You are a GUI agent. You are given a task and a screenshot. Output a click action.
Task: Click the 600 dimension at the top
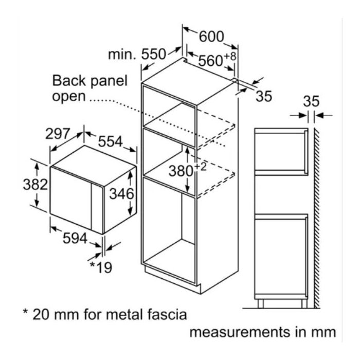pyautogui.click(x=211, y=37)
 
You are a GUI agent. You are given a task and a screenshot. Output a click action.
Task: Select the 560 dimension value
pyautogui.click(x=210, y=61)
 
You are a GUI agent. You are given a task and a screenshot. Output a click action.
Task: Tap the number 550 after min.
pyautogui.click(x=153, y=54)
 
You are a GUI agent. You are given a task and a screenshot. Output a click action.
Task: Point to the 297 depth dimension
pyautogui.click(x=57, y=134)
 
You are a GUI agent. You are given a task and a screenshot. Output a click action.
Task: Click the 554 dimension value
pyautogui.click(x=111, y=141)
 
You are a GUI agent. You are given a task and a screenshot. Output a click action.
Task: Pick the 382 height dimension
pyautogui.click(x=35, y=184)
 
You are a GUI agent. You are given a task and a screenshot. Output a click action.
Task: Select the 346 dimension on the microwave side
pyautogui.click(x=121, y=193)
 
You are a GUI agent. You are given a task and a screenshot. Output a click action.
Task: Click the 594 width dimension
pyautogui.click(x=75, y=238)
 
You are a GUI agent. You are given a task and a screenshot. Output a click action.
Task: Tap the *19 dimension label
pyautogui.click(x=101, y=267)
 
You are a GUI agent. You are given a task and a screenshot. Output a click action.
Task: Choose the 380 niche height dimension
pyautogui.click(x=181, y=171)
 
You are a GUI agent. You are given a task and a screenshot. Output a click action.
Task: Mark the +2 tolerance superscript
pyautogui.click(x=201, y=167)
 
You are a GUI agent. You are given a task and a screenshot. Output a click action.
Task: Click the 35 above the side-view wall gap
pyautogui.click(x=311, y=101)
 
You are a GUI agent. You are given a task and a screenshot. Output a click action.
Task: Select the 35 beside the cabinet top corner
pyautogui.click(x=264, y=96)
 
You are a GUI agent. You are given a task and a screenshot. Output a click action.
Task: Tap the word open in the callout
pyautogui.click(x=69, y=97)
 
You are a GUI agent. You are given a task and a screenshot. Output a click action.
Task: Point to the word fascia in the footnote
pyautogui.click(x=167, y=314)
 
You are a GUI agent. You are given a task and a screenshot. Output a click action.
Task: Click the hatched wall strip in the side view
pyautogui.click(x=317, y=218)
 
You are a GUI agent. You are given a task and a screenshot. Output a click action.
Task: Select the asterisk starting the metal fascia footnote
pyautogui.click(x=26, y=312)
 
